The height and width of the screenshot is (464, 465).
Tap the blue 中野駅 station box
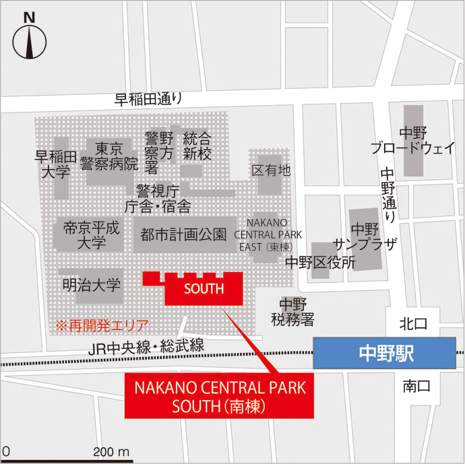385,352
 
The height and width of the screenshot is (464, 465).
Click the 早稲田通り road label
148,100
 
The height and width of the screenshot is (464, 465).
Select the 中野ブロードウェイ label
413,141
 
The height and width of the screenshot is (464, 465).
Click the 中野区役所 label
320,263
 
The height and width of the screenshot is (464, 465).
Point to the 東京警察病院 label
108,156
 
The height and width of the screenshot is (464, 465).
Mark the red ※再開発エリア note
101,325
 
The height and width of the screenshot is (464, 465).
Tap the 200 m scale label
111,451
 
